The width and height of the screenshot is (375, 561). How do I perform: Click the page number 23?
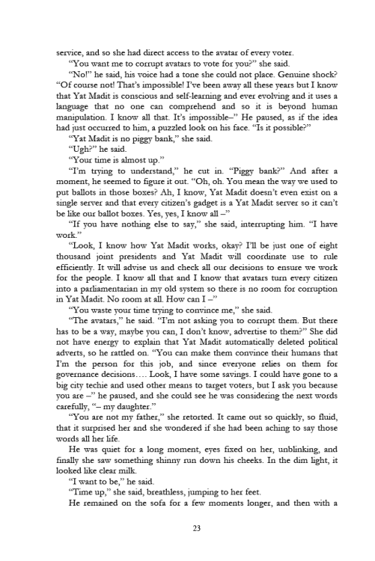(187, 529)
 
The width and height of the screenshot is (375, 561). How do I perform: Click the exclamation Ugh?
(82, 149)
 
